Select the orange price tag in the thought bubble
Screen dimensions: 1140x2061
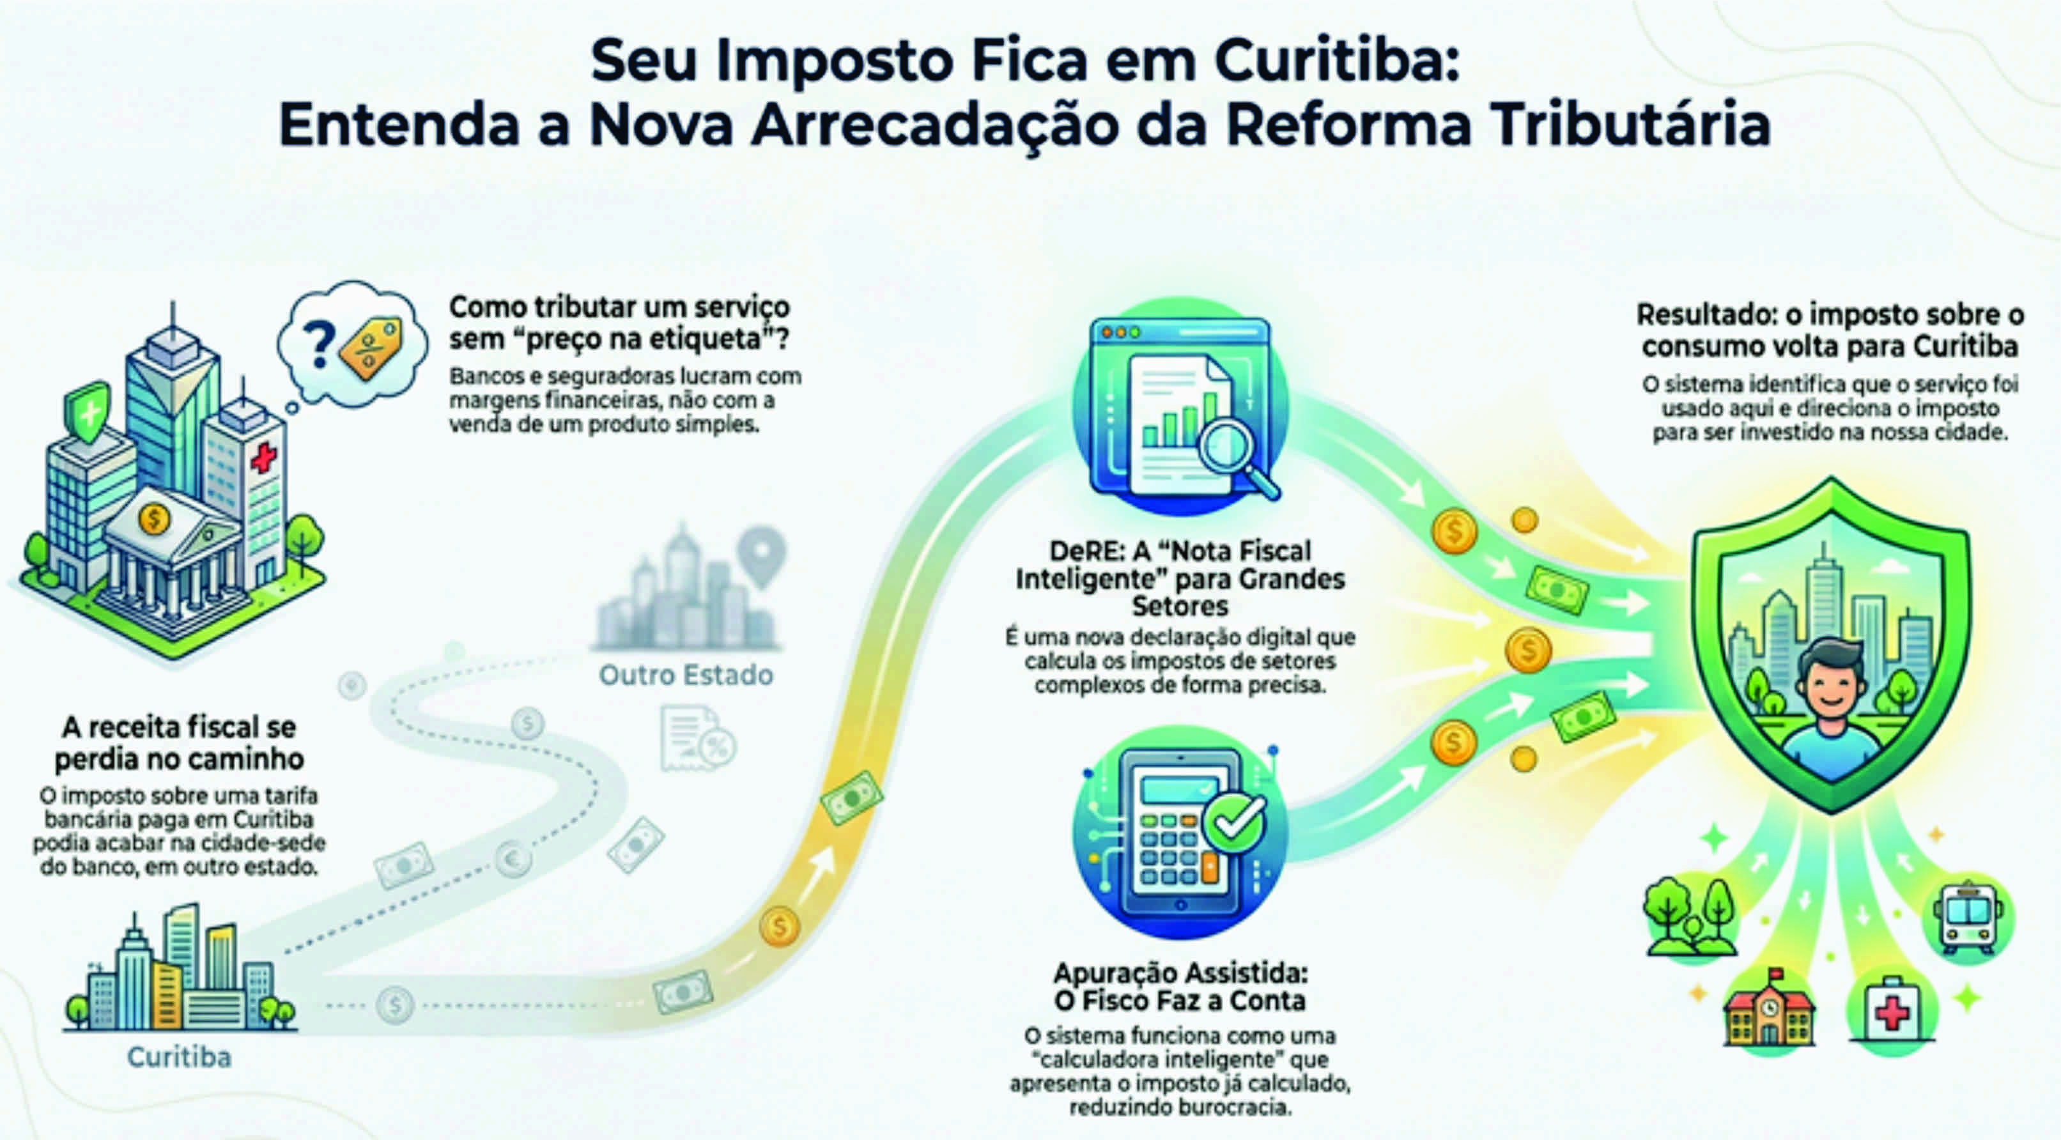[371, 347]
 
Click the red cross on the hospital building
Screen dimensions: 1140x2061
[263, 458]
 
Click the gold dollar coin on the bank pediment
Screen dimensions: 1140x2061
[153, 518]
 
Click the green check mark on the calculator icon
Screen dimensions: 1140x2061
[1235, 822]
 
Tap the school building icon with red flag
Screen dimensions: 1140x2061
[1768, 1012]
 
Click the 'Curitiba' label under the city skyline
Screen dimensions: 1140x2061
[179, 1057]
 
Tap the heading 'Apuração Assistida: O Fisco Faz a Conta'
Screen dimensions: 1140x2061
[1180, 987]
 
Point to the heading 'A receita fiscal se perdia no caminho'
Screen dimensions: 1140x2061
[178, 743]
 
